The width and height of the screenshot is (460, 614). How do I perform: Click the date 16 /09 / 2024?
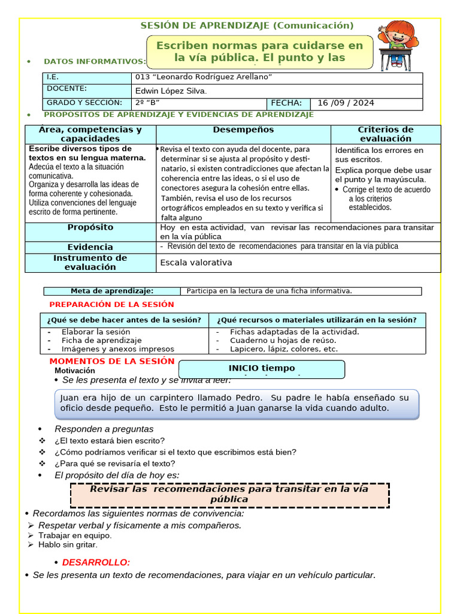coord(346,103)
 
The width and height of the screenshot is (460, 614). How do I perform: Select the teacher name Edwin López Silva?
coord(171,91)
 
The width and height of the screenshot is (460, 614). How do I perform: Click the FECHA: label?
coord(286,103)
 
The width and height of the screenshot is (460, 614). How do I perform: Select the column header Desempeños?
coord(243,130)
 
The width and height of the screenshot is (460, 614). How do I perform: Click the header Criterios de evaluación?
coord(386,134)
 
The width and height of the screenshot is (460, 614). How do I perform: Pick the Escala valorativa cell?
coord(196,263)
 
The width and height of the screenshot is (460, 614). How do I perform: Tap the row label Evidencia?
coord(90,247)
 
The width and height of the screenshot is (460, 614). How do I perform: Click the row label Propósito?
coord(90,228)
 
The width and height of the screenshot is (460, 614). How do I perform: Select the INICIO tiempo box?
coord(262,369)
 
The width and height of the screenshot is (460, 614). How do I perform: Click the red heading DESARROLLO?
coord(96,562)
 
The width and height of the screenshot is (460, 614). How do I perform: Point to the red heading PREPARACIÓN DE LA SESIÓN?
coord(111,305)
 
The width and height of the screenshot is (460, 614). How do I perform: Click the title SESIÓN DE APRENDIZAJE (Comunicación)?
coord(247,26)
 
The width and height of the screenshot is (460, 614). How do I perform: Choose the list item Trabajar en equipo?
coord(75,535)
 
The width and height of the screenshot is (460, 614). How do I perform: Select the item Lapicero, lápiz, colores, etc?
coord(283,349)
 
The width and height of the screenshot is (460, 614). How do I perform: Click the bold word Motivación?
coord(75,371)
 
